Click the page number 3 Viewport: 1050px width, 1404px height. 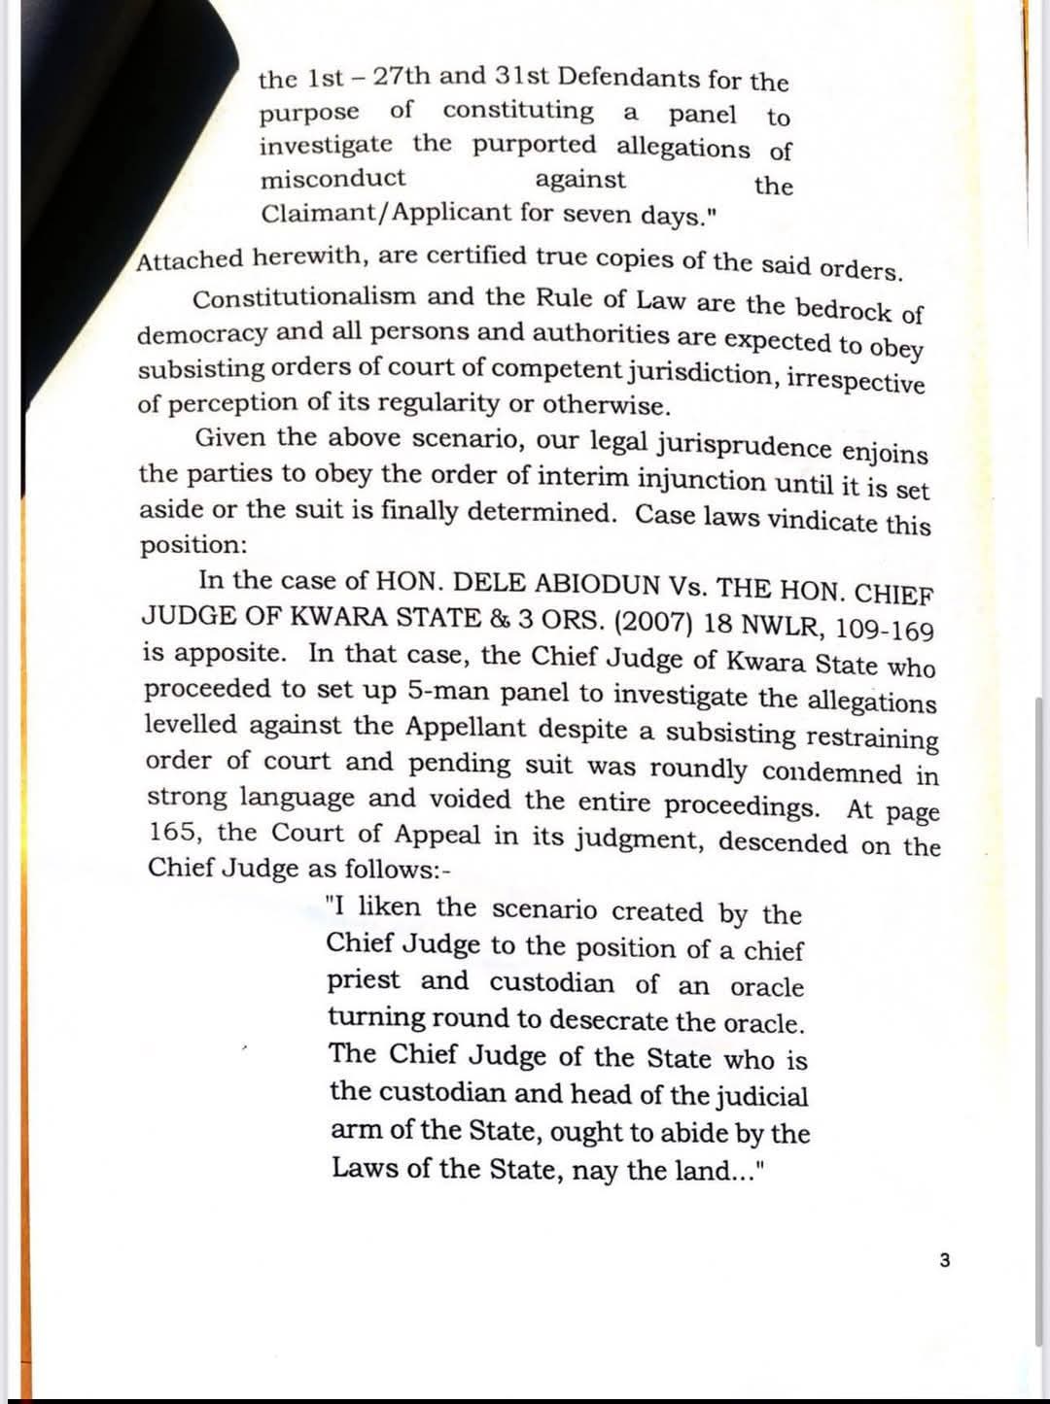(x=945, y=1261)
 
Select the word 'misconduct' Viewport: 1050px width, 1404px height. (x=332, y=179)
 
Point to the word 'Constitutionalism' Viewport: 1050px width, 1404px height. (x=304, y=297)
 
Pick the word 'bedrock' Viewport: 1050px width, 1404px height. (x=844, y=308)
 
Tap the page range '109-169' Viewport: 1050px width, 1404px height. (x=884, y=630)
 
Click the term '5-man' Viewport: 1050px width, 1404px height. (x=443, y=690)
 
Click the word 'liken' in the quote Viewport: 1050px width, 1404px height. (x=391, y=907)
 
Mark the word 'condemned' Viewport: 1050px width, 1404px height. (x=832, y=773)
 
